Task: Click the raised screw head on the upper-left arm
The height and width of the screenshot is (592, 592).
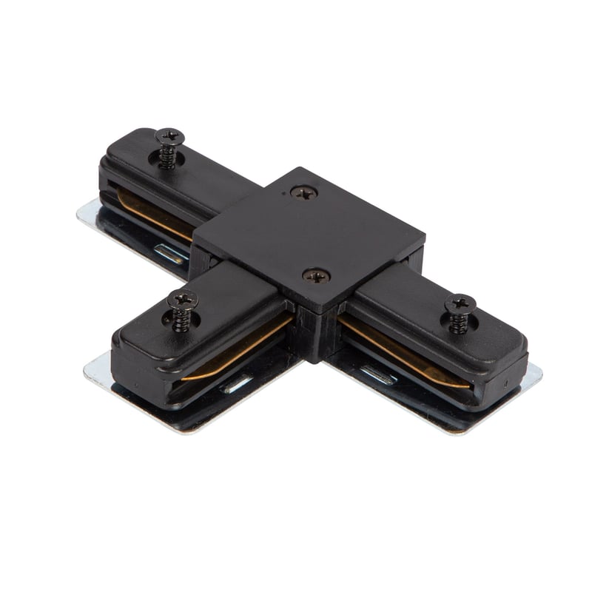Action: (x=169, y=136)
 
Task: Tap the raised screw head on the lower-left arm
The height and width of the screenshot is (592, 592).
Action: (x=182, y=299)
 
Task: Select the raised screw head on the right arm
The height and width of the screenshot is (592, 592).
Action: (x=460, y=303)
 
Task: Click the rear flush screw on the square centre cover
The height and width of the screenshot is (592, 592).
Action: (x=303, y=192)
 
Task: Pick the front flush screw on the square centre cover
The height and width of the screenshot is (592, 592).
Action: (x=316, y=275)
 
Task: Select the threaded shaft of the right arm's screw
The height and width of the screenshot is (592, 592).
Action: (x=459, y=323)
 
